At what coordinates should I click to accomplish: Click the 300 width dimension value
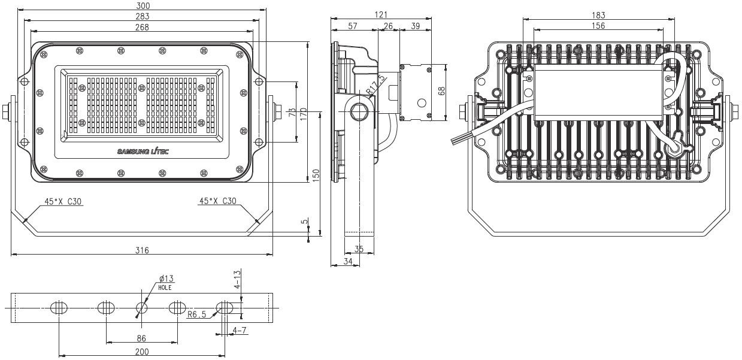click(x=143, y=5)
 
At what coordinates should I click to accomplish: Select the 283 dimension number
click(x=143, y=16)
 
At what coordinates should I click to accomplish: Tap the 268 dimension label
click(x=142, y=27)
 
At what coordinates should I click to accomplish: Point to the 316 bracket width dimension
click(x=142, y=250)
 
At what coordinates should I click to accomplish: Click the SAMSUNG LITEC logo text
click(x=143, y=152)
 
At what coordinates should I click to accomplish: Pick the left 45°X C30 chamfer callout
click(x=63, y=201)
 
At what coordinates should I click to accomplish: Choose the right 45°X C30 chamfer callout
click(x=217, y=201)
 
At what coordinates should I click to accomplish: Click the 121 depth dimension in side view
click(x=381, y=14)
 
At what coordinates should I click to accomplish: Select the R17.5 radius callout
click(x=376, y=86)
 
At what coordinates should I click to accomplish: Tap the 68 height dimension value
click(x=441, y=91)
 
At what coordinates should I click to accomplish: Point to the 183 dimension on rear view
click(x=598, y=15)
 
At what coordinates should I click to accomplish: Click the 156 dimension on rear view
click(x=598, y=26)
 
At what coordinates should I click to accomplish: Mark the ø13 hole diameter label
click(x=166, y=279)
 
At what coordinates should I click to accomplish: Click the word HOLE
click(x=165, y=288)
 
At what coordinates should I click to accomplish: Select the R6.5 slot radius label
click(x=197, y=314)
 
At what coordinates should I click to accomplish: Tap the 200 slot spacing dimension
click(x=142, y=352)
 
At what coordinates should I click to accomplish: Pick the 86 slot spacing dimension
click(x=141, y=338)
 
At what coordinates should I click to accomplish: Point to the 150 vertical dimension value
click(x=316, y=176)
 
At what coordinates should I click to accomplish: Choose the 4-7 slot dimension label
click(x=240, y=330)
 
